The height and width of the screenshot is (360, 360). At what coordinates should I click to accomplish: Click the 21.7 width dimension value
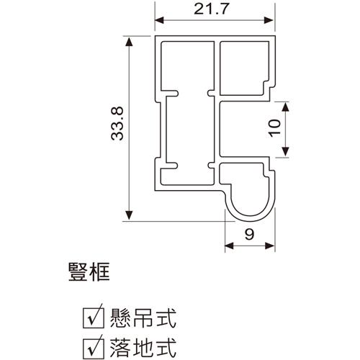tap(212, 9)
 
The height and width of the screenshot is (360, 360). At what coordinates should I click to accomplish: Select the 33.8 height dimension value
tap(117, 124)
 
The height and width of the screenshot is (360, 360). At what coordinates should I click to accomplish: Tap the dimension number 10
tap(275, 128)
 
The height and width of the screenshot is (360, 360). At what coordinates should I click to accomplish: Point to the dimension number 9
tap(249, 234)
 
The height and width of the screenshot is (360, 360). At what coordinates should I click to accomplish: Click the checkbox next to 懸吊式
tap(94, 318)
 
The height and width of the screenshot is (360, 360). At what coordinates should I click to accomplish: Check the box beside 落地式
tap(94, 348)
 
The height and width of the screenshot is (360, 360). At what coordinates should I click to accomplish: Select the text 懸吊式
tap(143, 318)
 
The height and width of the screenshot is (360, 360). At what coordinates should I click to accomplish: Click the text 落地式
tap(143, 348)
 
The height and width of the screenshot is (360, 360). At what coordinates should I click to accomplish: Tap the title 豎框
tap(89, 272)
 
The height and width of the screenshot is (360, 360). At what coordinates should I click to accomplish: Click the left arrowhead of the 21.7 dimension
tap(159, 20)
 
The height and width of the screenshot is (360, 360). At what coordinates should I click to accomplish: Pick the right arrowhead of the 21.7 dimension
tap(269, 20)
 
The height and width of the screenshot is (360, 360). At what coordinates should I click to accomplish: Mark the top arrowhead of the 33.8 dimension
tap(130, 42)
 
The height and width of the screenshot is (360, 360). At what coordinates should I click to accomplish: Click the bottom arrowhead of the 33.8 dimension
tap(130, 215)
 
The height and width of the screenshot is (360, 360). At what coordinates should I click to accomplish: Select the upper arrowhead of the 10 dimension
tap(285, 107)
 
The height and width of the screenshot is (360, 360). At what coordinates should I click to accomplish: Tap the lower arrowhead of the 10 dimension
tap(285, 152)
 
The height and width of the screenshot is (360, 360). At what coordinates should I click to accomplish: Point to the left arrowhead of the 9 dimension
tap(230, 246)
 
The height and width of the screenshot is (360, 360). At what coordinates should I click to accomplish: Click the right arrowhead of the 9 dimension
tap(270, 246)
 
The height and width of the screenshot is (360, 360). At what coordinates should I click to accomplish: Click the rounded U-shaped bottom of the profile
tap(250, 218)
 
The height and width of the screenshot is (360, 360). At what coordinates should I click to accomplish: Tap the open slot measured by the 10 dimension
tap(244, 129)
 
